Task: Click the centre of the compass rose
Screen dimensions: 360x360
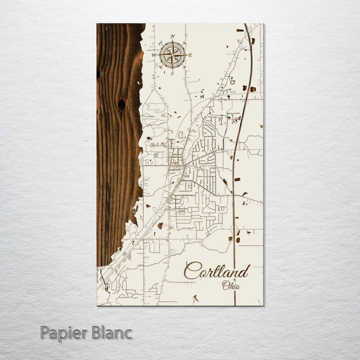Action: pos(172,54)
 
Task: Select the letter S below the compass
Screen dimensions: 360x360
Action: pos(172,73)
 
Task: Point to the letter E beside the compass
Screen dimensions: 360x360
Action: pos(190,55)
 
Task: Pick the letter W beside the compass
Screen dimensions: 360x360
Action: pos(154,55)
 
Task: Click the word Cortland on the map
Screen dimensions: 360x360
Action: pos(216,271)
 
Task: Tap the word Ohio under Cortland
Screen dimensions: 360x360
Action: pos(230,286)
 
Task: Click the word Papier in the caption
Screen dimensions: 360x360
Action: pos(64,332)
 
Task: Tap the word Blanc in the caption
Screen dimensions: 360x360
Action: pos(111,332)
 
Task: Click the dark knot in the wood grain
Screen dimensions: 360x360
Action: pos(121,104)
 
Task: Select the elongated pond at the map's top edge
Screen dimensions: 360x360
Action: pos(240,30)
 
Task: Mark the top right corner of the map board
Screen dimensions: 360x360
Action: pos(262,24)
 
